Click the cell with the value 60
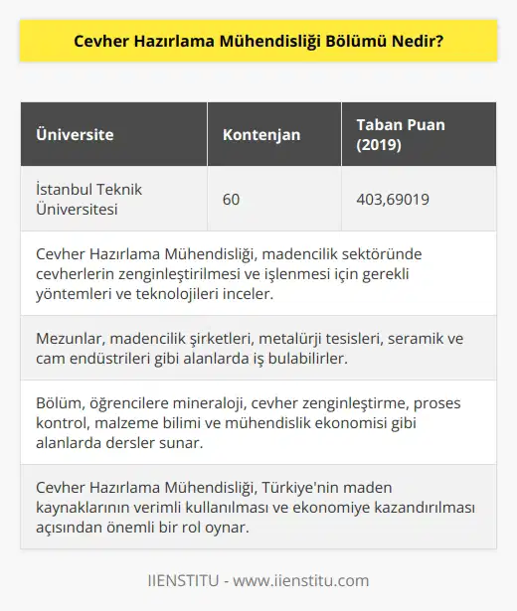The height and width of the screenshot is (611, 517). click(232, 199)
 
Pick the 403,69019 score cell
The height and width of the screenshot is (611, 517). click(393, 199)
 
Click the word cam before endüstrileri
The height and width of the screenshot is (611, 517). click(50, 360)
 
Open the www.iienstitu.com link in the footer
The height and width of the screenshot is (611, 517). click(312, 581)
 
